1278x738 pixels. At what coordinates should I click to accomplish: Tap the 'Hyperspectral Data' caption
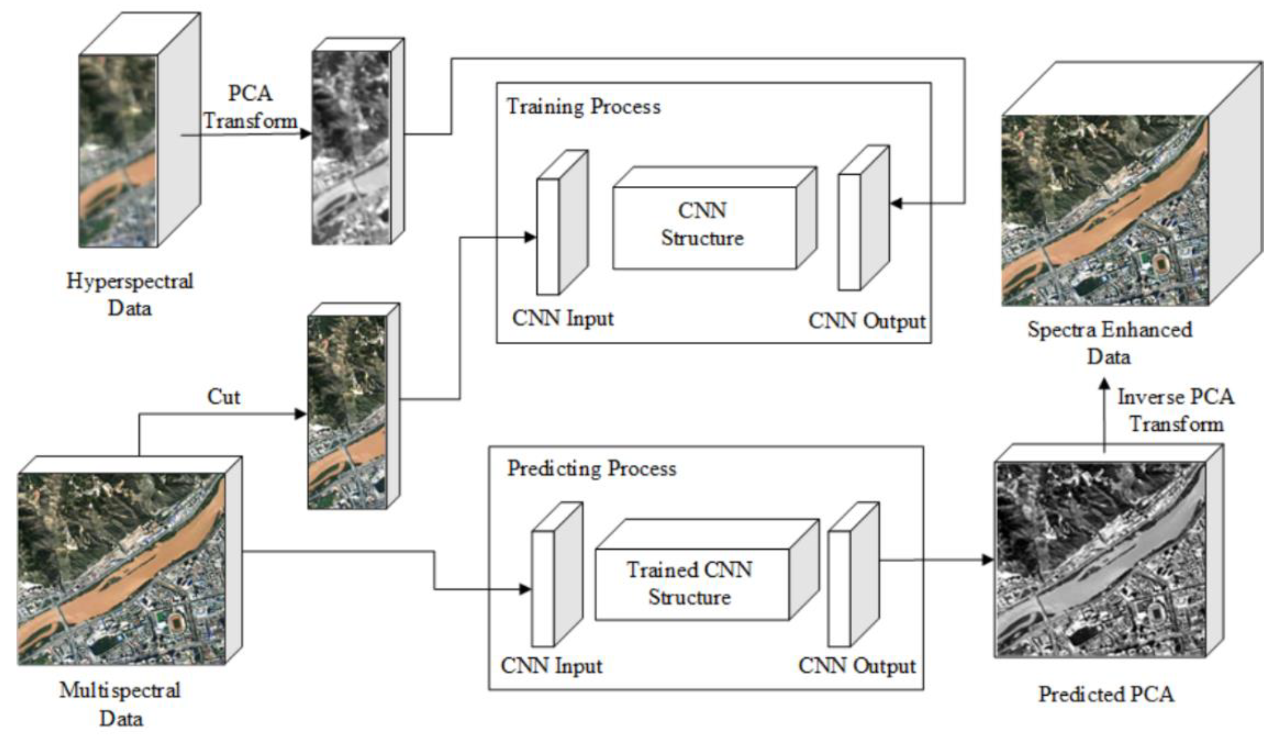[130, 294]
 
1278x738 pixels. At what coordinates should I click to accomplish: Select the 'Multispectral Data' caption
[120, 704]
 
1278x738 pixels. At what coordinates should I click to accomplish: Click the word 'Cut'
[224, 397]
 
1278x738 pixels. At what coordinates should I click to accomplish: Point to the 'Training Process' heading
[583, 107]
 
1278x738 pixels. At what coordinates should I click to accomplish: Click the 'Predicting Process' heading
[591, 469]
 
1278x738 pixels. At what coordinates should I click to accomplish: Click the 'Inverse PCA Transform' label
[1176, 410]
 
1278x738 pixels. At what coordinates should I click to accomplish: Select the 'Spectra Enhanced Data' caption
[1109, 343]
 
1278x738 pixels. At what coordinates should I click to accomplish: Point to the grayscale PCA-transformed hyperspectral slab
[351, 147]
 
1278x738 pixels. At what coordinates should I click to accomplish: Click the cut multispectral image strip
[347, 412]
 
